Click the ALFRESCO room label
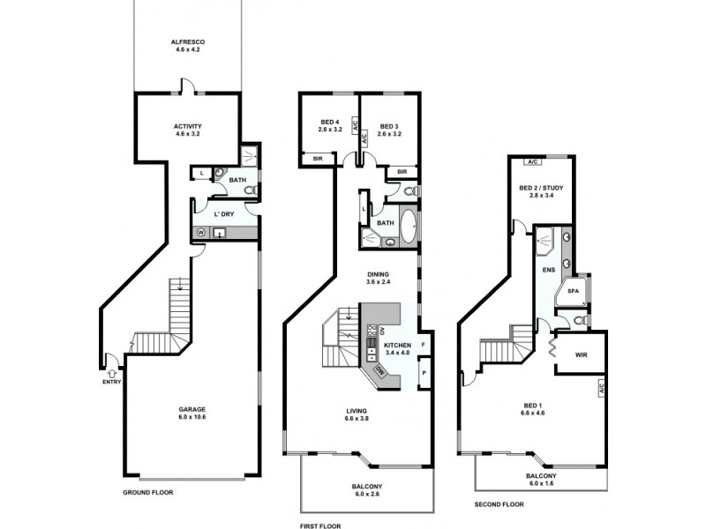tap(187, 41)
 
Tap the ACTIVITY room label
tap(187, 126)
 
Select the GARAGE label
tap(192, 409)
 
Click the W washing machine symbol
tap(201, 233)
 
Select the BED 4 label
tap(328, 123)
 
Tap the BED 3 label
tap(389, 123)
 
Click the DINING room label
tap(378, 275)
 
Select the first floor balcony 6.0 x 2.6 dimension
tap(367, 495)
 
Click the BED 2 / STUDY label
tap(541, 188)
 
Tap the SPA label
tap(572, 291)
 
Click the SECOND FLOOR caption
tap(499, 505)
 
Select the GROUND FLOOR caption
tap(147, 493)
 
